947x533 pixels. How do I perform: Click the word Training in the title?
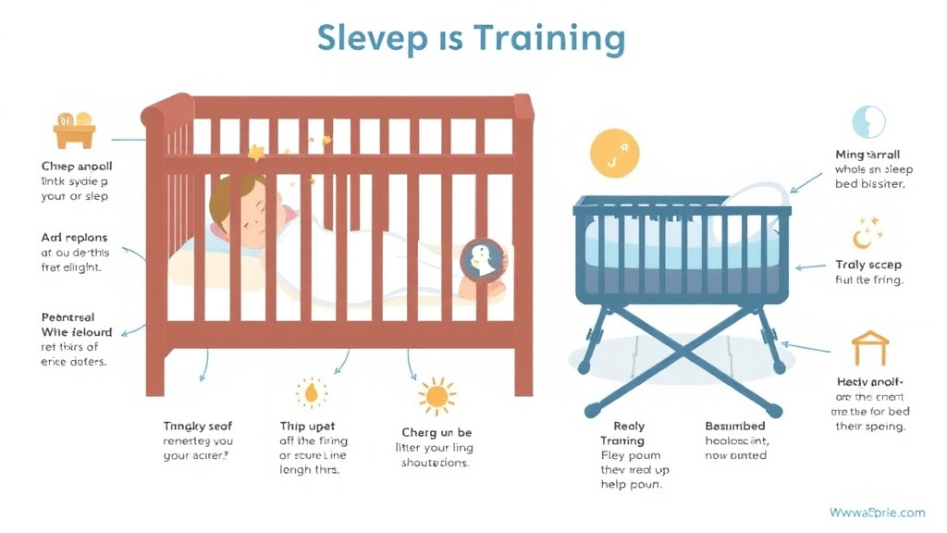[x=549, y=39]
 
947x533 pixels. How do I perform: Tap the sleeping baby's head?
[x=237, y=205]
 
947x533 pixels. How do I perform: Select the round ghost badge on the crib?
[x=482, y=260]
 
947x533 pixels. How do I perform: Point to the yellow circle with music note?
[x=615, y=152]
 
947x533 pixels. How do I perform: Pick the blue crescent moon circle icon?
[x=868, y=122]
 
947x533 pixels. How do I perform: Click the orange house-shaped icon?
[x=869, y=348]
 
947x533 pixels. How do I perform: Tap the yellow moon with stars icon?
[x=867, y=233]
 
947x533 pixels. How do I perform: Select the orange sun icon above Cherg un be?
[x=436, y=396]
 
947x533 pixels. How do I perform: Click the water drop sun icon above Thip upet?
[x=311, y=392]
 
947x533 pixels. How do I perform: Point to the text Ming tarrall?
[x=867, y=155]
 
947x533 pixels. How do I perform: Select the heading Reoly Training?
[x=622, y=433]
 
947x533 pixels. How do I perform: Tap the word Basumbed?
[x=735, y=427]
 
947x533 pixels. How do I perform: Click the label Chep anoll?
[x=77, y=167]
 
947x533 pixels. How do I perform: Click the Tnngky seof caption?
[x=198, y=427]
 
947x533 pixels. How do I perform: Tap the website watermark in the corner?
[x=877, y=512]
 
